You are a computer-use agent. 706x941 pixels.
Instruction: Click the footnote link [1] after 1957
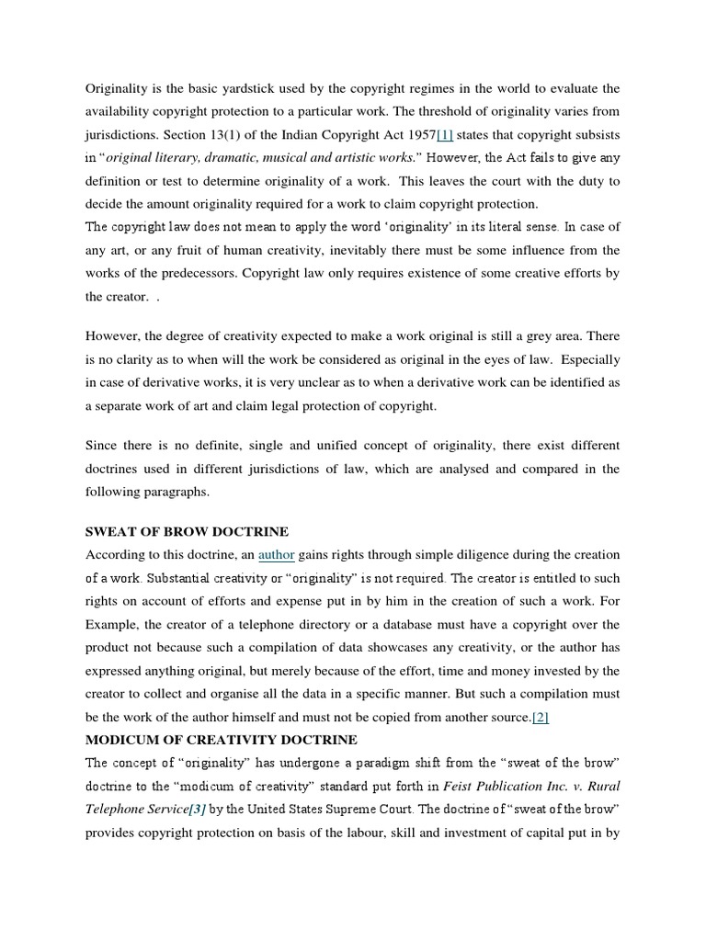tap(445, 136)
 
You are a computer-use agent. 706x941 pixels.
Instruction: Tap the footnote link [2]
tap(540, 717)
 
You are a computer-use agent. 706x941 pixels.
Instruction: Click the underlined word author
tap(276, 555)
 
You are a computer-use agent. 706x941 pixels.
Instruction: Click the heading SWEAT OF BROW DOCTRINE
tap(187, 531)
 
